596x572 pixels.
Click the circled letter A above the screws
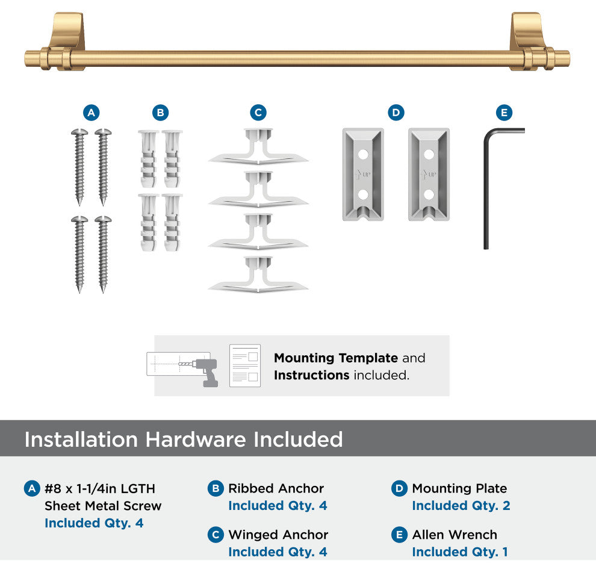[92, 113]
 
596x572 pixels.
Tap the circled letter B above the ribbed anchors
[160, 113]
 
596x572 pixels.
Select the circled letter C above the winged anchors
[258, 113]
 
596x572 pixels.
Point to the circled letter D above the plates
[396, 113]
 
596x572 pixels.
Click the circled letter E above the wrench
[504, 113]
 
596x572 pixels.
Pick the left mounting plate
[363, 175]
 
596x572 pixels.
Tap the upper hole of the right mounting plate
[429, 155]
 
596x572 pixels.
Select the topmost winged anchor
[258, 147]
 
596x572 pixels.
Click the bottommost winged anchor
[258, 275]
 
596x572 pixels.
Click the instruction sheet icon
[245, 365]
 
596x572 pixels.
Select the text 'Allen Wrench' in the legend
[455, 535]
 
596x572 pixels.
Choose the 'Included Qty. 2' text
[461, 506]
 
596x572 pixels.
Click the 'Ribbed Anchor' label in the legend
[276, 488]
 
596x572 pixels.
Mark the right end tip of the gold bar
[570, 58]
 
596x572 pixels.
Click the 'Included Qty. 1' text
[460, 552]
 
